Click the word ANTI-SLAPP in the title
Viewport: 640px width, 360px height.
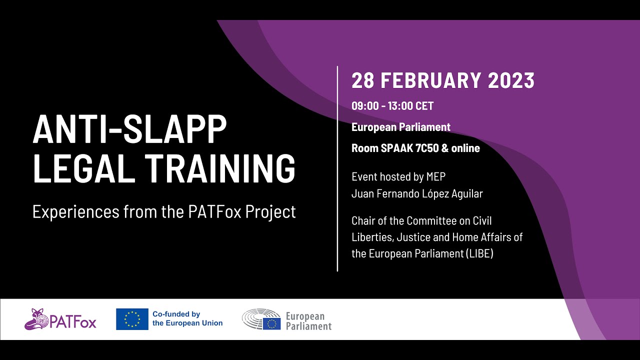tap(129, 129)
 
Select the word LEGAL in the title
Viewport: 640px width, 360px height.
tap(83, 168)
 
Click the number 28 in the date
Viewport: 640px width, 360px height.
tap(362, 81)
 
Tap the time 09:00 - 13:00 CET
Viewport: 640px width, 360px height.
tap(392, 106)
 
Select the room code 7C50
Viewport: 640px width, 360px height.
tap(426, 148)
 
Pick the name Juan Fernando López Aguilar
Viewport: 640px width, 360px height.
tap(417, 193)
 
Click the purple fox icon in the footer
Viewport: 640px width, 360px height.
tap(36, 319)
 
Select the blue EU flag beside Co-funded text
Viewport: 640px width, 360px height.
tap(132, 319)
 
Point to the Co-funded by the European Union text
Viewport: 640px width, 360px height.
tap(187, 318)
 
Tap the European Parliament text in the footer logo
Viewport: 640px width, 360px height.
tap(308, 321)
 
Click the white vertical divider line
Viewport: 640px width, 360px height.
tap(337, 168)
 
